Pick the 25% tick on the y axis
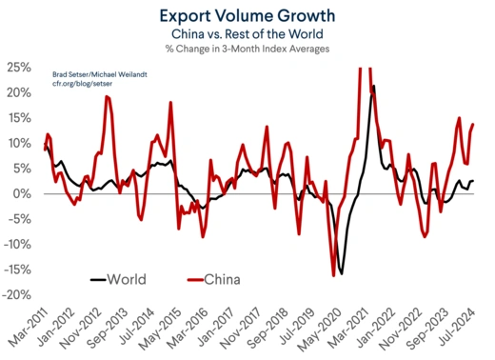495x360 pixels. (x=18, y=68)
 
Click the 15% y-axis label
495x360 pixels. (x=18, y=118)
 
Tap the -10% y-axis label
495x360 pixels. (x=16, y=244)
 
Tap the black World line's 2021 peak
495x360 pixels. (x=373, y=87)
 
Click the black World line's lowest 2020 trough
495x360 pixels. (x=342, y=272)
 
